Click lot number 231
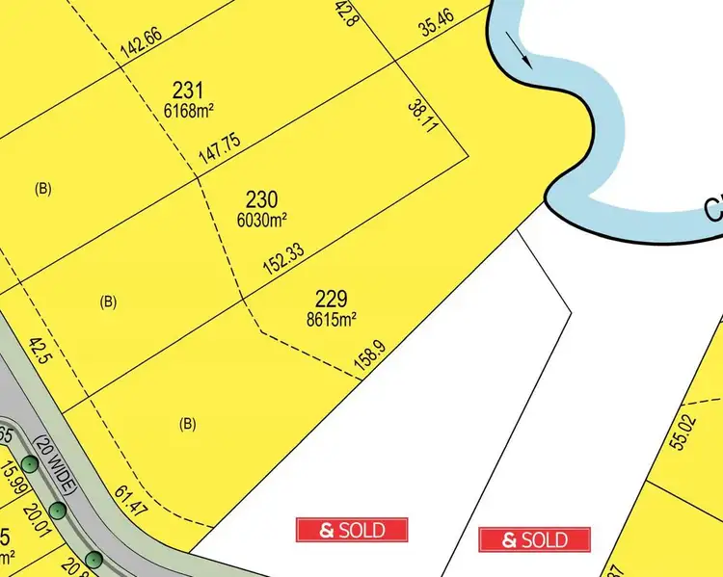click(188, 90)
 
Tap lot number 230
click(261, 199)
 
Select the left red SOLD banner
click(352, 529)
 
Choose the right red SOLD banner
click(535, 538)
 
